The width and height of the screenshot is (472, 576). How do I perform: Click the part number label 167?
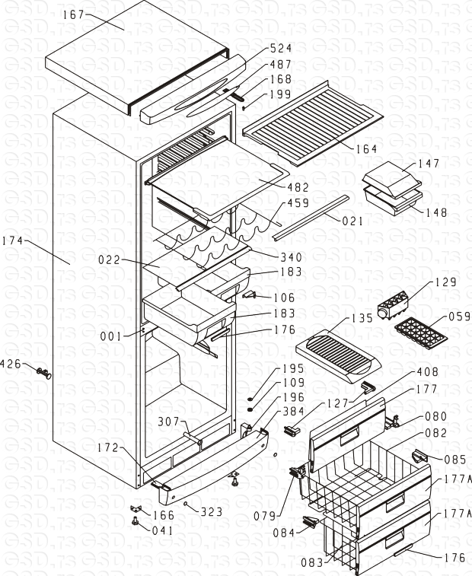click(x=72, y=14)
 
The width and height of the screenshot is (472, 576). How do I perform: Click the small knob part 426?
click(x=44, y=372)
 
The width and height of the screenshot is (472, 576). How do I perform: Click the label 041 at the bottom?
click(x=161, y=530)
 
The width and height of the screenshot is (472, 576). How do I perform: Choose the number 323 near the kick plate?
click(x=211, y=512)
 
